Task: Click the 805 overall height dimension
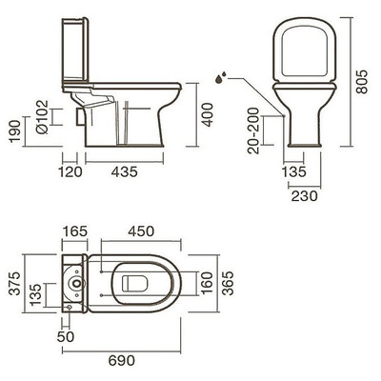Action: click(x=361, y=82)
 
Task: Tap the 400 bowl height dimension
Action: click(x=209, y=115)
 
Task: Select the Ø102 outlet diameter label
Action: click(x=42, y=117)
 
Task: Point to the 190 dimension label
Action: click(x=15, y=131)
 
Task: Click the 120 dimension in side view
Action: click(x=70, y=171)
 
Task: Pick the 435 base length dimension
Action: click(x=125, y=171)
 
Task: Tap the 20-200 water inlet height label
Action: click(x=253, y=130)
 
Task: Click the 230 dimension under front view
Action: click(x=305, y=196)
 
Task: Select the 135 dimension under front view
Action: click(x=294, y=171)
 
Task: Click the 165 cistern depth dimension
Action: click(x=74, y=231)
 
